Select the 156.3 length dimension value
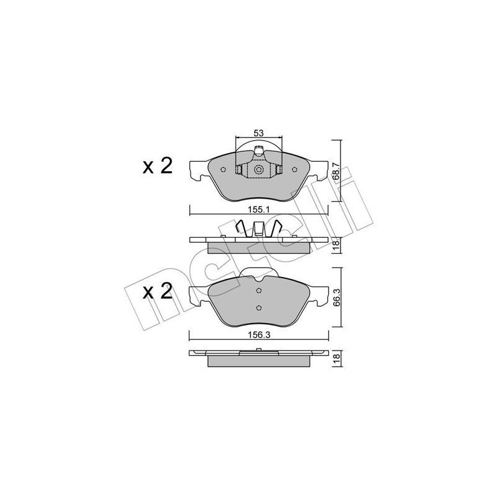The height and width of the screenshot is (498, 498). pos(258,334)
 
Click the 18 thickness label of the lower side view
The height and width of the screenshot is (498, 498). pos(337,358)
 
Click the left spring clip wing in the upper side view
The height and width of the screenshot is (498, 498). pos(240,228)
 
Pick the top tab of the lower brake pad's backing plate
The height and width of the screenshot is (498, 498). pos(258,274)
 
